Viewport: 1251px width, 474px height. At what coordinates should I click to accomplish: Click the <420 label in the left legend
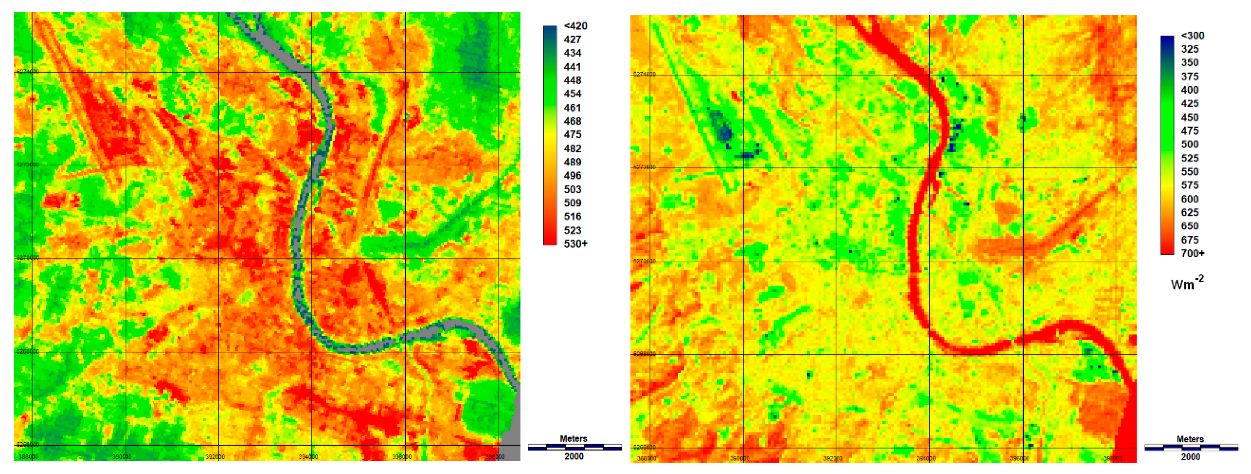point(575,26)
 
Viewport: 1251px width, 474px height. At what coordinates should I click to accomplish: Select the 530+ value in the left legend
point(575,244)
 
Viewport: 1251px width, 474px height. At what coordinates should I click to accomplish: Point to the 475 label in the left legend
point(573,134)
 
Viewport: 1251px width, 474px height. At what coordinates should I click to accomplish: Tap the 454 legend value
point(573,94)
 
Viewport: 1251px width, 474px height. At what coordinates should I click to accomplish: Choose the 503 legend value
point(573,189)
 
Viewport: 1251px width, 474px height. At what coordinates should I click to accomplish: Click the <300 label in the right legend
point(1192,35)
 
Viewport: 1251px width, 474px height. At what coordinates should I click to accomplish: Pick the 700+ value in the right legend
point(1192,253)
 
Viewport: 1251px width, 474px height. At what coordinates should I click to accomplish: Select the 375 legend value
point(1190,76)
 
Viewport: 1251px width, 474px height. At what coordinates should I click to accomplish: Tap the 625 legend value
point(1190,213)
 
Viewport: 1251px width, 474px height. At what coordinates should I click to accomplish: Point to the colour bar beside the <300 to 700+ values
point(1167,145)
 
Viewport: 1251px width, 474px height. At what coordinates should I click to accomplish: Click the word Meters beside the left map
point(573,439)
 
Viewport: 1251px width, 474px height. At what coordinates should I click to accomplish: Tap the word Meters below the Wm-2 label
point(1190,439)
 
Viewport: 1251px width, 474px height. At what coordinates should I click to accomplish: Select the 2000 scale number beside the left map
point(574,456)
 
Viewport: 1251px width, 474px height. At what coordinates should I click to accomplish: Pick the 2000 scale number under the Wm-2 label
point(1190,457)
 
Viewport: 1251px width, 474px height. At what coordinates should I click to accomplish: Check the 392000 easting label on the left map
point(215,457)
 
